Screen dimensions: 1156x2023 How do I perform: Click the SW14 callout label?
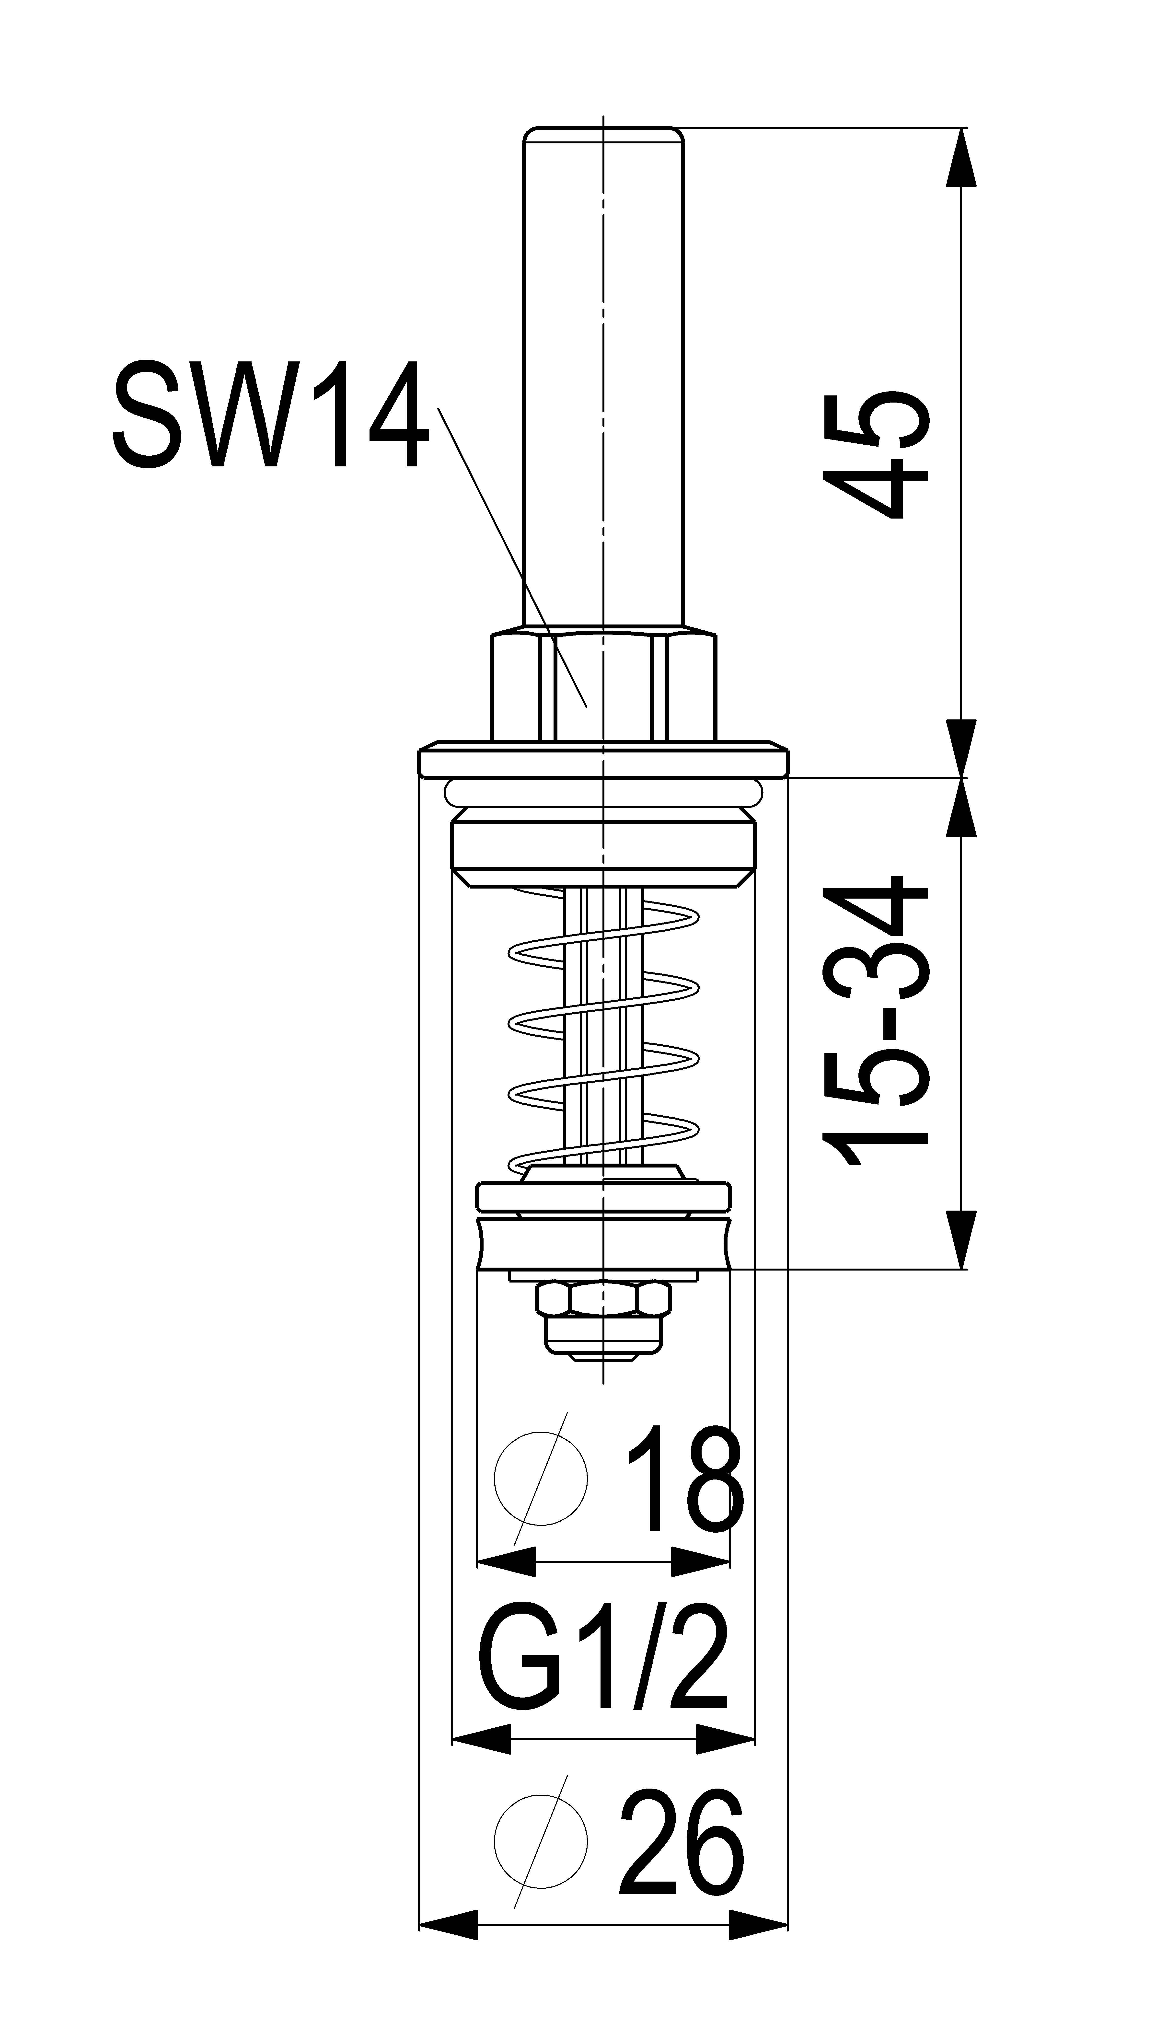(271, 415)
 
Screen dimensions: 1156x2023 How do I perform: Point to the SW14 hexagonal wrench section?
(603, 684)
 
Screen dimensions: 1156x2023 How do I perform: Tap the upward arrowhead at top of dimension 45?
(961, 157)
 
